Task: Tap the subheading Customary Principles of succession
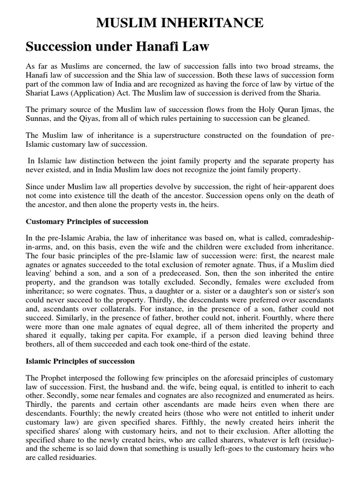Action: [x=87, y=221]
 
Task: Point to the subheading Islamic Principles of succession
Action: [x=80, y=361]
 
